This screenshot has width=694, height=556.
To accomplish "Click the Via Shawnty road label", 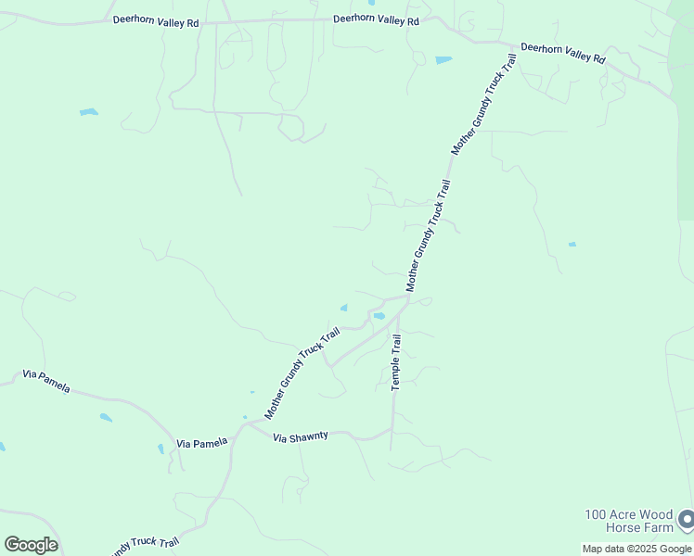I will coord(301,436).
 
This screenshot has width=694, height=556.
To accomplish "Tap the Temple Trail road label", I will coord(396,361).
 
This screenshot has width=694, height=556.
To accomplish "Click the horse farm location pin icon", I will coord(686,519).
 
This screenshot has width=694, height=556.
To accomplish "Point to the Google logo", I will coord(31,545).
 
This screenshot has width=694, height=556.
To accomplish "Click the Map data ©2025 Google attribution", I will coord(637,549).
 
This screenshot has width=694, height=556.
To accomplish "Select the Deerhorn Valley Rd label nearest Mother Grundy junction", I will coord(562,52).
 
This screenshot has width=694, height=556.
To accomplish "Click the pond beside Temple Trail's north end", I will coord(379,317).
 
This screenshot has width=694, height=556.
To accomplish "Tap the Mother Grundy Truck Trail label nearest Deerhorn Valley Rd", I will coord(482,104).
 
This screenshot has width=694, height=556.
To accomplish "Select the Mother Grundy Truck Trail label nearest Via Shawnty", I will coord(302,372).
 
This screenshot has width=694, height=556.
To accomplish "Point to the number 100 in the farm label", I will coord(596,514).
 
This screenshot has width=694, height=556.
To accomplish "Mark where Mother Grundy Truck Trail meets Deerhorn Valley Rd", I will coord(513,45).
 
